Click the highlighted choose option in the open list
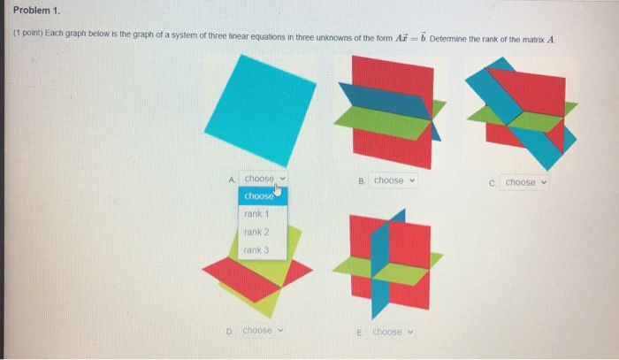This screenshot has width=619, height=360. click(259, 195)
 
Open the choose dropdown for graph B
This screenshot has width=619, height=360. click(393, 180)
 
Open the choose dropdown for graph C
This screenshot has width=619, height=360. click(525, 182)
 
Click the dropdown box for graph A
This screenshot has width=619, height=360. click(264, 179)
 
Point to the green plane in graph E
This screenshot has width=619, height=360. click(416, 273)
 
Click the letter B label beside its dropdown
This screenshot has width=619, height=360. click(363, 180)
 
